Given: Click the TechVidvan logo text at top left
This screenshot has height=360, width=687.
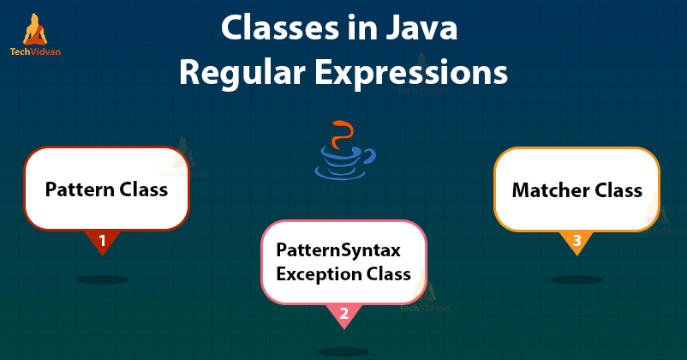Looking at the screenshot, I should [36, 51].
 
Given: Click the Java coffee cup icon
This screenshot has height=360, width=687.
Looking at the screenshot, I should [343, 161].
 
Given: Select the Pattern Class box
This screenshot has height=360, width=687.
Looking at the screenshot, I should [105, 189].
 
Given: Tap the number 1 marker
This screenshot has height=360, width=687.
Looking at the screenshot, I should [103, 242].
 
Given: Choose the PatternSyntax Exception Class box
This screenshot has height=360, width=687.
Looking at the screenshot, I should [343, 261].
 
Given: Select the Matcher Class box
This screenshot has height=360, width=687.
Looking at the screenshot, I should [576, 189].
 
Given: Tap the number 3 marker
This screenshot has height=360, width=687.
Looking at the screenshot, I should [576, 242].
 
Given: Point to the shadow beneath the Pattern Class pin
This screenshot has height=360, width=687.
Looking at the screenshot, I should [103, 279].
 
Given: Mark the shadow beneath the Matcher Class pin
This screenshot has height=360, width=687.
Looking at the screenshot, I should [576, 279].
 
